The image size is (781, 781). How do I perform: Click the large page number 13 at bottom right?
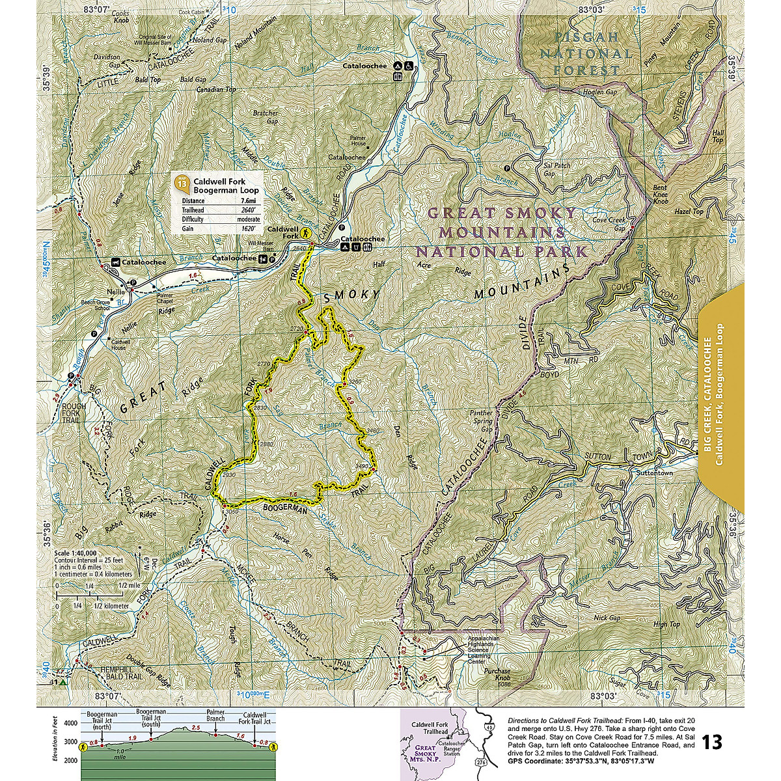[x=713, y=742]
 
